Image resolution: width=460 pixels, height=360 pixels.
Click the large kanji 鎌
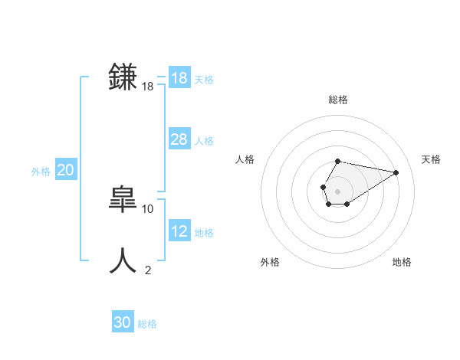click(123, 77)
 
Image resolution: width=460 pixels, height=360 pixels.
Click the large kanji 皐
click(123, 200)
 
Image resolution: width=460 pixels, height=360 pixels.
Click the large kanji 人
click(123, 261)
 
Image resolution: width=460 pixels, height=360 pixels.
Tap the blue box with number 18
click(179, 78)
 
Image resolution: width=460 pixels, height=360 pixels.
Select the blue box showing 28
click(179, 139)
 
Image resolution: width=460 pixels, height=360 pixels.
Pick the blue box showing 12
click(179, 231)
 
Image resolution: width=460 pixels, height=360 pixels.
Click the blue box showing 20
click(65, 170)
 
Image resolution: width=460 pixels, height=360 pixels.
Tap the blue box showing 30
click(123, 322)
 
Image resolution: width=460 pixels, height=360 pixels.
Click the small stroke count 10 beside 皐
click(148, 208)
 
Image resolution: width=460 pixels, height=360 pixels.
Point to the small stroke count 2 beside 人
click(148, 270)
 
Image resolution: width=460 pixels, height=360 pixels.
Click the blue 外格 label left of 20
click(41, 172)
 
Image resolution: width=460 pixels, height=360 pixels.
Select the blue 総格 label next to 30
click(147, 324)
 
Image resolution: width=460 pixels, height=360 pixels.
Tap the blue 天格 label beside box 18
click(204, 80)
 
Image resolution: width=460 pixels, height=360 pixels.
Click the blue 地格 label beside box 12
click(204, 233)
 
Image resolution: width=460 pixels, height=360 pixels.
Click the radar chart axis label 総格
click(338, 100)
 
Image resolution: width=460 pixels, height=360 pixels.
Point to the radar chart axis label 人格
click(245, 159)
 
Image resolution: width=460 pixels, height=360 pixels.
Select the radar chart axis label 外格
click(270, 262)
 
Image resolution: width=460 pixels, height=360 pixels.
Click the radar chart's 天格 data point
click(396, 172)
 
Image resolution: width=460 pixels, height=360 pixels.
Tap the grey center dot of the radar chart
click(338, 191)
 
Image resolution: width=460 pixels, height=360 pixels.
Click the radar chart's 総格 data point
click(338, 162)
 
